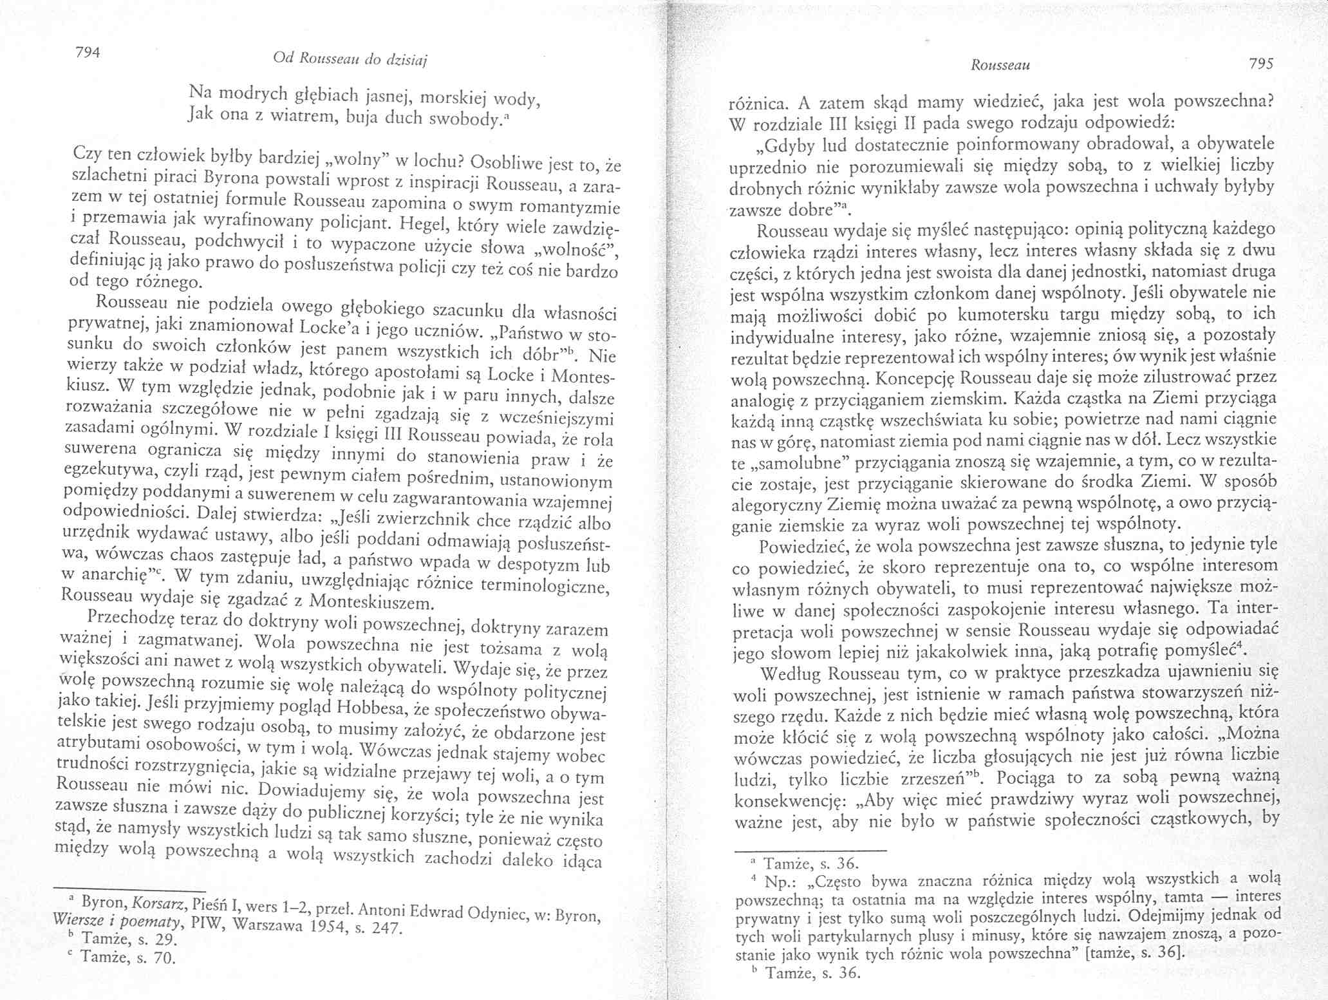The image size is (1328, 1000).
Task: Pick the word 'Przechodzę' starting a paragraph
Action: (x=131, y=619)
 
